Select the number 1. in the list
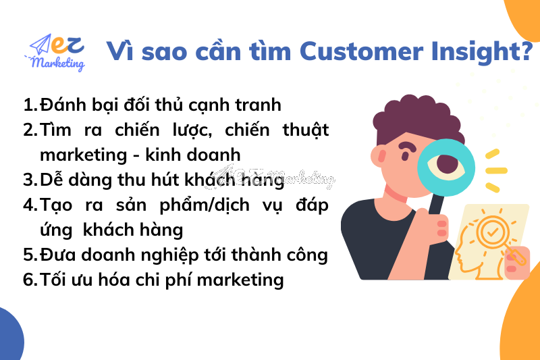click(x=30, y=105)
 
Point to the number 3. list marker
click(x=30, y=180)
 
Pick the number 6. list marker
click(x=30, y=280)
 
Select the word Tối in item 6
click(x=55, y=279)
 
